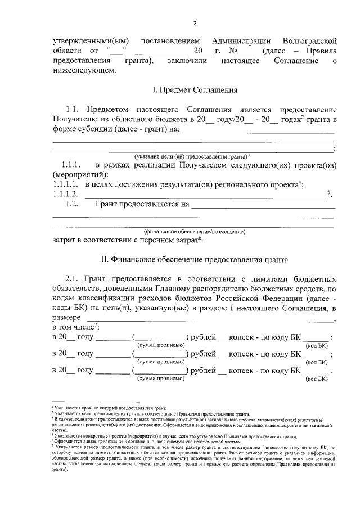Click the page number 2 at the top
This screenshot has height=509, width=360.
pos(194,23)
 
